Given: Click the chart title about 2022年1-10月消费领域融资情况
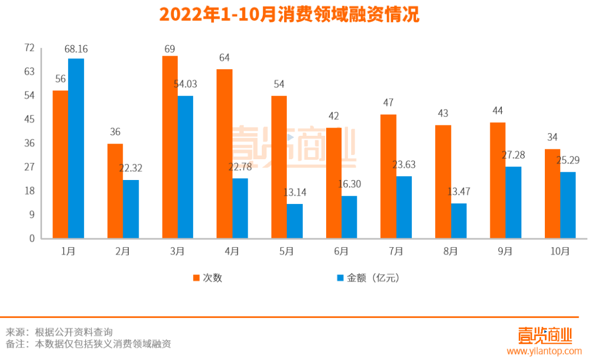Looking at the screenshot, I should coord(289,15).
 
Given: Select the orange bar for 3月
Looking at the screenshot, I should coord(170,147).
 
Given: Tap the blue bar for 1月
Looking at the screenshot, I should coord(76,148).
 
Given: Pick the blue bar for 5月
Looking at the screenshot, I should coord(294,221).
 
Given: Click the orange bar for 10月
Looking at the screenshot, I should coord(552,194).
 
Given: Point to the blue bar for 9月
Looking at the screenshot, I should coord(513,202).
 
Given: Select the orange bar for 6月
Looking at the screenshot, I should coord(334,183).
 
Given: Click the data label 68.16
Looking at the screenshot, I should coord(76,49).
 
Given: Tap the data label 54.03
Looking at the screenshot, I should coord(185,84).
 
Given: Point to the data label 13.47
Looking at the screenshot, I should coord(459,191).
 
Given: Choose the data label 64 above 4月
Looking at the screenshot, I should coord(224,58).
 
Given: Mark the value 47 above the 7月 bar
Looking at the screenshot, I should coord(388,103).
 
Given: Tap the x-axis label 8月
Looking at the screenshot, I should coord(450,251).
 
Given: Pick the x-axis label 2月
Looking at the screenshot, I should coord(123,251).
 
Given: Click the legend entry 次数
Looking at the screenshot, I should coord(208,278).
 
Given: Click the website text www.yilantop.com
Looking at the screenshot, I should coord(544,351).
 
